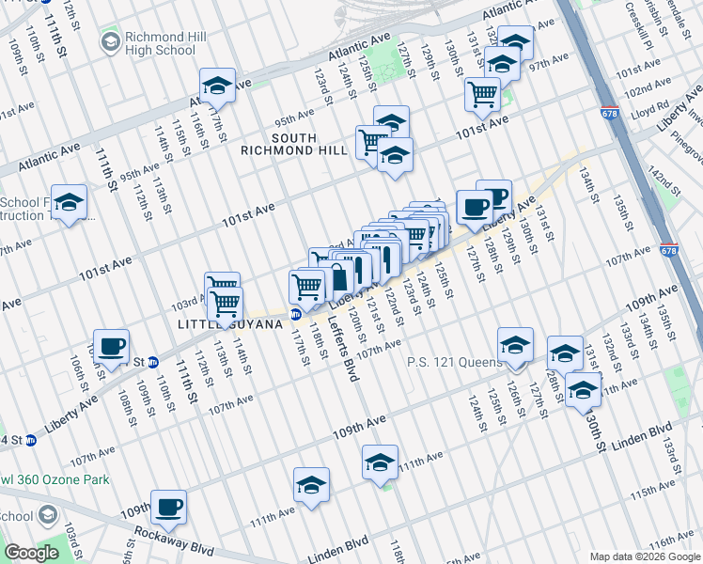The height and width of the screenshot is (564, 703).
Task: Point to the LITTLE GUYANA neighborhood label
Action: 229,324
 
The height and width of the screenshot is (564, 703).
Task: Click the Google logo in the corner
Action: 31,554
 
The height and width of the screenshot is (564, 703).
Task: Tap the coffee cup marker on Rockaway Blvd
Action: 169,508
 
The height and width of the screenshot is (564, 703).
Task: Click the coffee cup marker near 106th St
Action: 111,346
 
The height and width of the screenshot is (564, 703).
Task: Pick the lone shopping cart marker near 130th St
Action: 482,93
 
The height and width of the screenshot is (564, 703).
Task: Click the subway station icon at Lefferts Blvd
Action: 295,315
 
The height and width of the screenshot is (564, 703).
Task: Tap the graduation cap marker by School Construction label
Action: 69,202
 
